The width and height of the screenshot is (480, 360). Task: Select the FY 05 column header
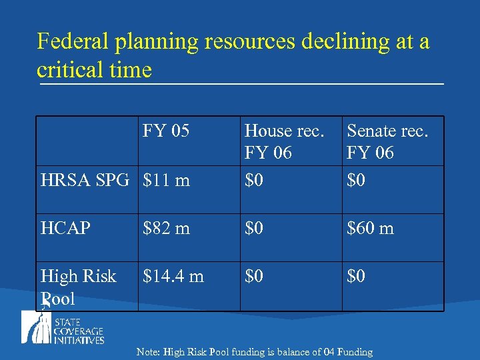pyautogui.click(x=166, y=131)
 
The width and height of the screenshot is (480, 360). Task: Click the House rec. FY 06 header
pyautogui.click(x=285, y=141)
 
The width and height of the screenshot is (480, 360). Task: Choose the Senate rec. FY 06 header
pyautogui.click(x=387, y=141)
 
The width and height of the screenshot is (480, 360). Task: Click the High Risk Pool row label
pyautogui.click(x=78, y=287)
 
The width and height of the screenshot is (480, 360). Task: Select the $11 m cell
pyautogui.click(x=167, y=180)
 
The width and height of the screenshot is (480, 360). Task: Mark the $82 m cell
pyautogui.click(x=167, y=229)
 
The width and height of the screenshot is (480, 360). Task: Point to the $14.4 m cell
pyautogui.click(x=173, y=276)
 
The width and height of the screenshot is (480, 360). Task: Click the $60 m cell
pyautogui.click(x=370, y=229)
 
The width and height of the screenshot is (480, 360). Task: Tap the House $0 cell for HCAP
pyautogui.click(x=254, y=229)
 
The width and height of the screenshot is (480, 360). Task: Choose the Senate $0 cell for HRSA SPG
pyautogui.click(x=356, y=180)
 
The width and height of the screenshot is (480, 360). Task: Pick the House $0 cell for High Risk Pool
pyautogui.click(x=254, y=276)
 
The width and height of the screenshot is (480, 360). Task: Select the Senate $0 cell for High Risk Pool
pyautogui.click(x=356, y=276)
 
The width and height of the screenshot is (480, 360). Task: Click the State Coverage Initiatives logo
pyautogui.click(x=63, y=329)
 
